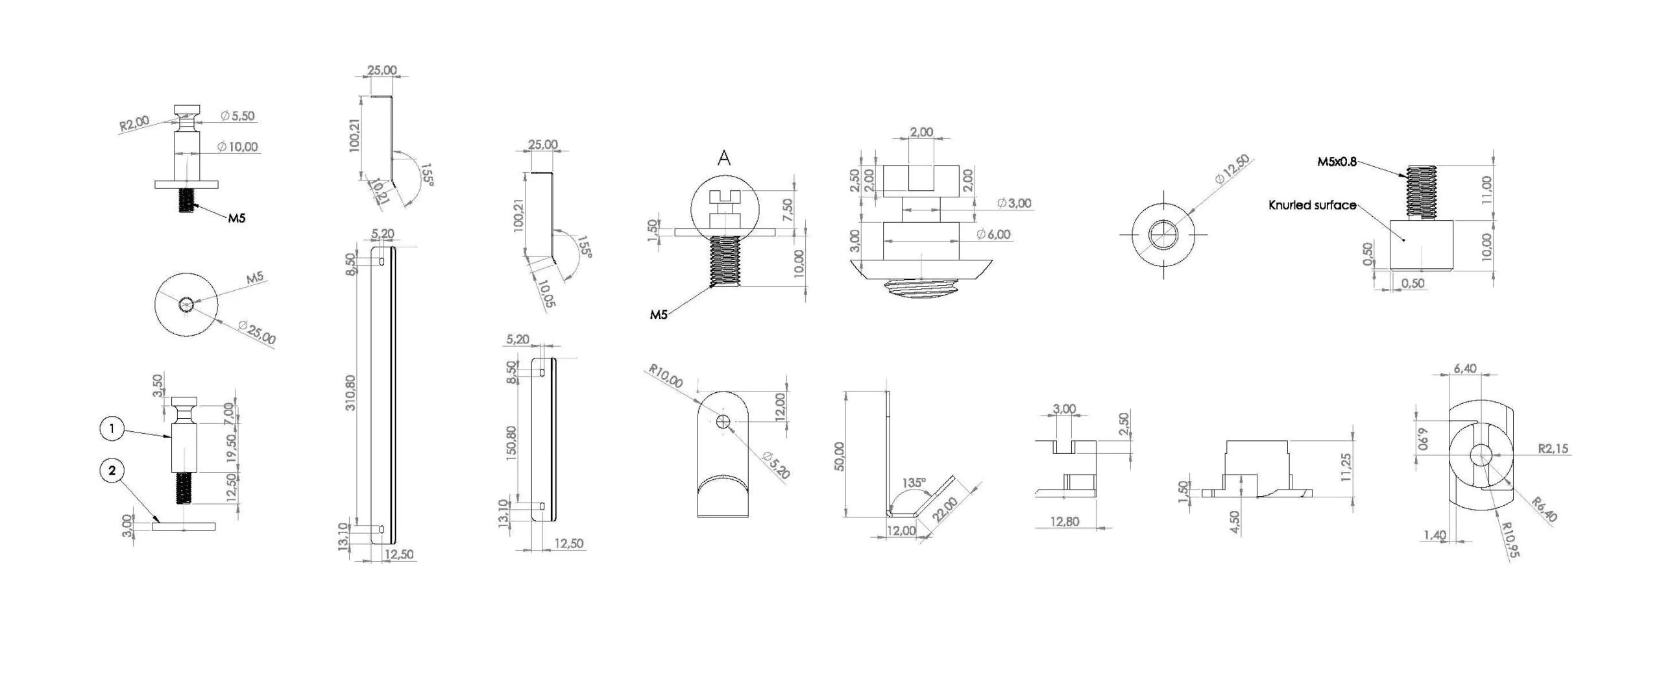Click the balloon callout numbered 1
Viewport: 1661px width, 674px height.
click(x=112, y=429)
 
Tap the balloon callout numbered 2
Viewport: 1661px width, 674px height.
click(x=112, y=470)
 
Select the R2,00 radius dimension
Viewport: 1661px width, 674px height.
click(x=134, y=123)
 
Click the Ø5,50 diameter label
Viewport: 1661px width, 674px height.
click(x=237, y=116)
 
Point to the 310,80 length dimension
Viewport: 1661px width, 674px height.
click(x=351, y=392)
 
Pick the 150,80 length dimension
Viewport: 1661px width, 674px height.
click(x=511, y=443)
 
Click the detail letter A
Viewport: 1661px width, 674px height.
click(x=724, y=158)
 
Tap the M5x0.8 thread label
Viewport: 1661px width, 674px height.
click(x=1337, y=162)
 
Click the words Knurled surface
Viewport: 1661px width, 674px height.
click(x=1313, y=205)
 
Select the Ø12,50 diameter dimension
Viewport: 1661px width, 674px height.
click(x=1232, y=169)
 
